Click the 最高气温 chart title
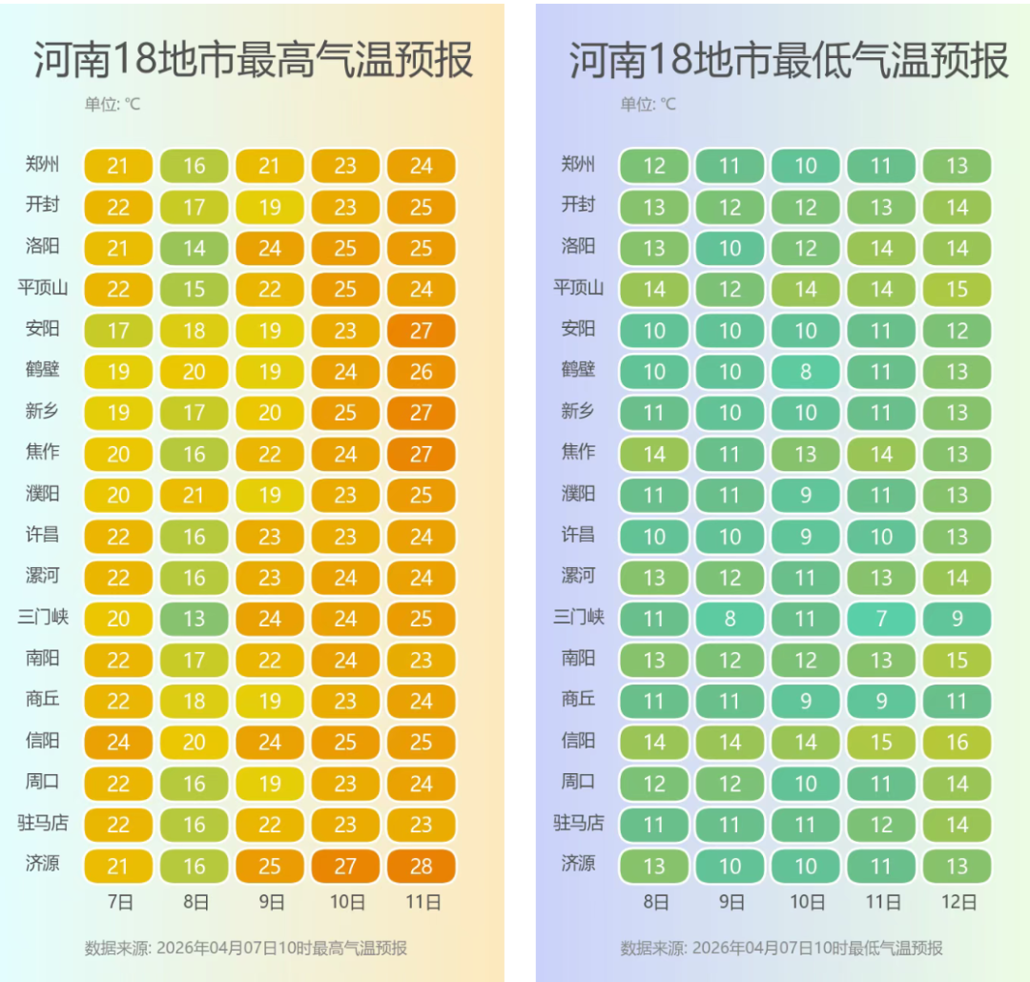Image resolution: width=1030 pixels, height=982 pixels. (253, 60)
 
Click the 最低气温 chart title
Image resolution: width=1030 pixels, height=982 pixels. (788, 60)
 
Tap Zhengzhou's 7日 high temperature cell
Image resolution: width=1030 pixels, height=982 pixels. (118, 166)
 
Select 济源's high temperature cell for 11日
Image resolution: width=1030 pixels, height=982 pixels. (422, 867)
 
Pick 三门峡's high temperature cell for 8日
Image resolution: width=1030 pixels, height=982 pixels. (194, 619)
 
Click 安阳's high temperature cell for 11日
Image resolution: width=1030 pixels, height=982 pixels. (422, 331)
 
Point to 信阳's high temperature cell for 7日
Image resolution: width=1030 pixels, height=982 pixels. (118, 742)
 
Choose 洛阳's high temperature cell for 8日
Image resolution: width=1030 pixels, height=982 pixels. (194, 249)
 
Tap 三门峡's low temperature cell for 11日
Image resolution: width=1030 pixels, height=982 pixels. (881, 619)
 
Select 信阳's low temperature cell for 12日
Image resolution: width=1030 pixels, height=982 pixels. (957, 742)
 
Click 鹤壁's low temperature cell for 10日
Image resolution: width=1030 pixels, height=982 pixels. (806, 372)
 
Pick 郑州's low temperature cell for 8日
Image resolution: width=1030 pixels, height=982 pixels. (654, 166)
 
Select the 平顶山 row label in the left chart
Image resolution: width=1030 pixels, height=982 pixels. (43, 287)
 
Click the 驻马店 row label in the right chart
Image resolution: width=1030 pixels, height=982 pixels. (578, 822)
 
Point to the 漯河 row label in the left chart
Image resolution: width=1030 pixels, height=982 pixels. (43, 575)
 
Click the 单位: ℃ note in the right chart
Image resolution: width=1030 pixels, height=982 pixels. (648, 104)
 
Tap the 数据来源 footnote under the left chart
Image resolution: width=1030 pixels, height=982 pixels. (246, 948)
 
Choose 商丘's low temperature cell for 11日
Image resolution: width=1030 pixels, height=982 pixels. (881, 701)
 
